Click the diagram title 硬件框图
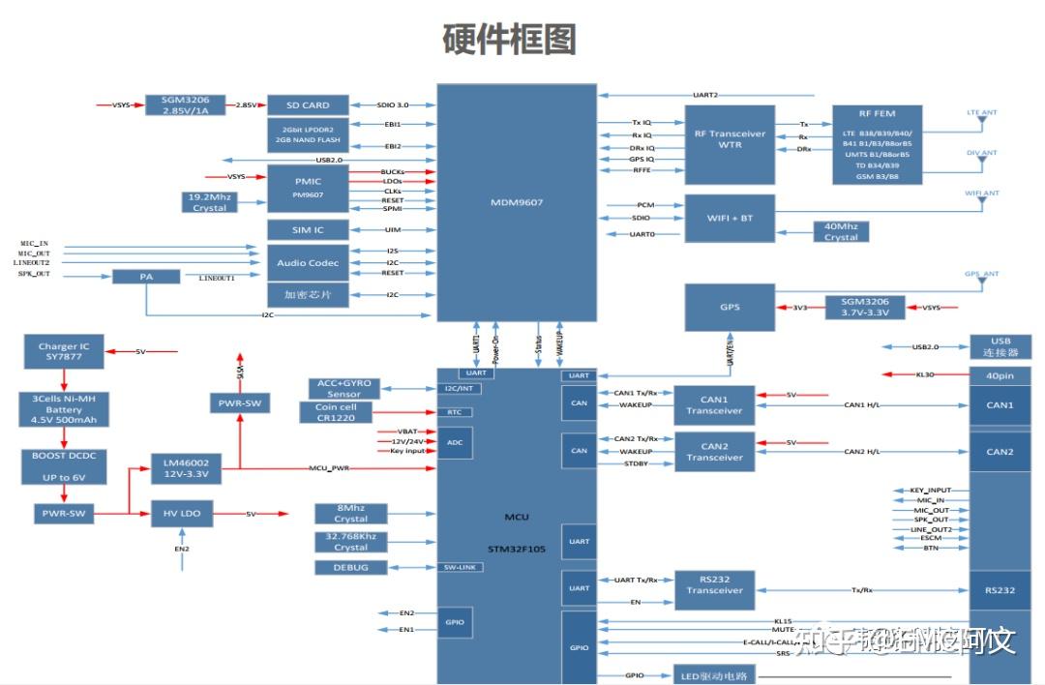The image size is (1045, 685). (x=509, y=40)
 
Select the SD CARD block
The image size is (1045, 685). (x=307, y=104)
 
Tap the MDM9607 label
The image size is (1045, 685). (x=516, y=202)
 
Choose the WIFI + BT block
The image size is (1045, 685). (x=730, y=218)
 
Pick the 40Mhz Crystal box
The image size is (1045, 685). (x=841, y=231)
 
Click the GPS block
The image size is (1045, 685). (x=730, y=307)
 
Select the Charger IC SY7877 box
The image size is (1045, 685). (x=64, y=351)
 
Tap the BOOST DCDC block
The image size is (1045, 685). (x=64, y=466)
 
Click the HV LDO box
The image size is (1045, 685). (x=182, y=513)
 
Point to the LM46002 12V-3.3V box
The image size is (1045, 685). (x=187, y=468)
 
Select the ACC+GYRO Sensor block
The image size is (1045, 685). (x=343, y=388)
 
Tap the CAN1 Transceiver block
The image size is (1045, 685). (x=714, y=404)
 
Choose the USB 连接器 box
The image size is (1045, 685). (x=1000, y=346)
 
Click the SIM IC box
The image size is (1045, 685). (x=307, y=230)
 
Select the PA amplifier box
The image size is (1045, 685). (x=146, y=276)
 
